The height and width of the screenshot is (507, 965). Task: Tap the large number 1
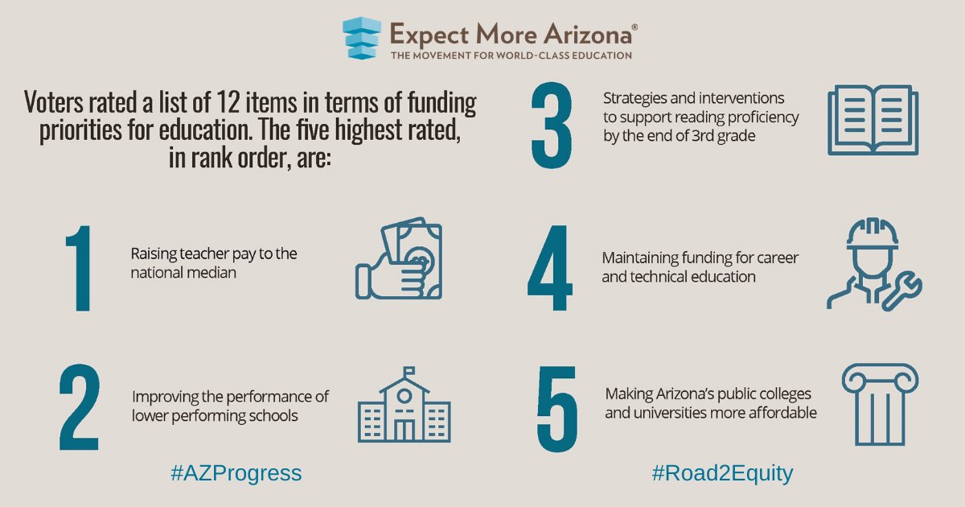point(78,269)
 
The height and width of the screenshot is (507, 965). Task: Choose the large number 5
point(556,409)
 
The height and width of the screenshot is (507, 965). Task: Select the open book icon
point(873,121)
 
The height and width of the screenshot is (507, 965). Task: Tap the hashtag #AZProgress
point(236,473)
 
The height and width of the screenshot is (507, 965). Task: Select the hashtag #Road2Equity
point(722,473)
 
